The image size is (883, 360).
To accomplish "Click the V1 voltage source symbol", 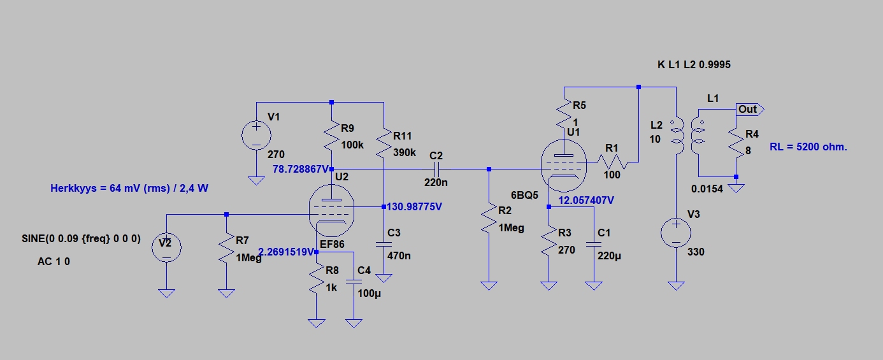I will coord(256,135).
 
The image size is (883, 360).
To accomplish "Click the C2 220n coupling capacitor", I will coord(436,169).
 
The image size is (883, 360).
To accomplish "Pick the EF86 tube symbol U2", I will coord(332,214).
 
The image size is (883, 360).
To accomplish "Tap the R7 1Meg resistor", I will coord(226,248).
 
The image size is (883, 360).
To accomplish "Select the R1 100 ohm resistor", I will coord(614,164).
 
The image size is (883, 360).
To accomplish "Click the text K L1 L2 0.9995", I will coord(698,65).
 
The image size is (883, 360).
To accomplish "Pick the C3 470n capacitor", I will coord(384,243).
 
